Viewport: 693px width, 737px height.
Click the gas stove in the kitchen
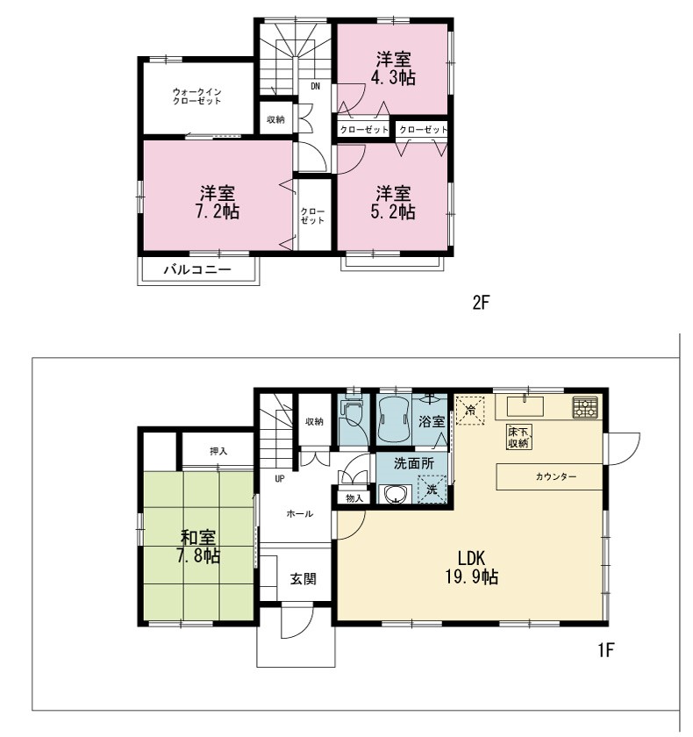pyautogui.click(x=585, y=407)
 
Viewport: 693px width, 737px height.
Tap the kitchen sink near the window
pyautogui.click(x=525, y=406)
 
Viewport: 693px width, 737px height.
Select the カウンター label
pyautogui.click(x=555, y=476)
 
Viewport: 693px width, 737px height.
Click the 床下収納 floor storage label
pyautogui.click(x=518, y=437)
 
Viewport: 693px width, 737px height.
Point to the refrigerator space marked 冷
pyautogui.click(x=470, y=411)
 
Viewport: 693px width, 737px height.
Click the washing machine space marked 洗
pyautogui.click(x=432, y=490)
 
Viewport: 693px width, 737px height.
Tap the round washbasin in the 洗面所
pyautogui.click(x=394, y=495)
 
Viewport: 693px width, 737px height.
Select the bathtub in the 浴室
pyautogui.click(x=394, y=419)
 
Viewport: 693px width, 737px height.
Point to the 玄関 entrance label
pyautogui.click(x=303, y=579)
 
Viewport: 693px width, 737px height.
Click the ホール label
pyautogui.click(x=300, y=514)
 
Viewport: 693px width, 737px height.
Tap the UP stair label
pyautogui.click(x=280, y=479)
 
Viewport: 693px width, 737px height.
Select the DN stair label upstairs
pyautogui.click(x=316, y=86)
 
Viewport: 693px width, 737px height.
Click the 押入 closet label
pyautogui.click(x=218, y=451)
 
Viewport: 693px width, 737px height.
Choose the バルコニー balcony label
pyautogui.click(x=197, y=270)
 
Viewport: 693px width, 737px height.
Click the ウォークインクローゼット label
pyautogui.click(x=196, y=97)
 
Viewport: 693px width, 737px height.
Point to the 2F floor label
pyautogui.click(x=481, y=302)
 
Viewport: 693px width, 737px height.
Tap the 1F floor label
pyautogui.click(x=606, y=649)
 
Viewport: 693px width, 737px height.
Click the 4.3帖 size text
pyautogui.click(x=393, y=77)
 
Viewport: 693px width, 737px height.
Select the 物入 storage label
pyautogui.click(x=354, y=498)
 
